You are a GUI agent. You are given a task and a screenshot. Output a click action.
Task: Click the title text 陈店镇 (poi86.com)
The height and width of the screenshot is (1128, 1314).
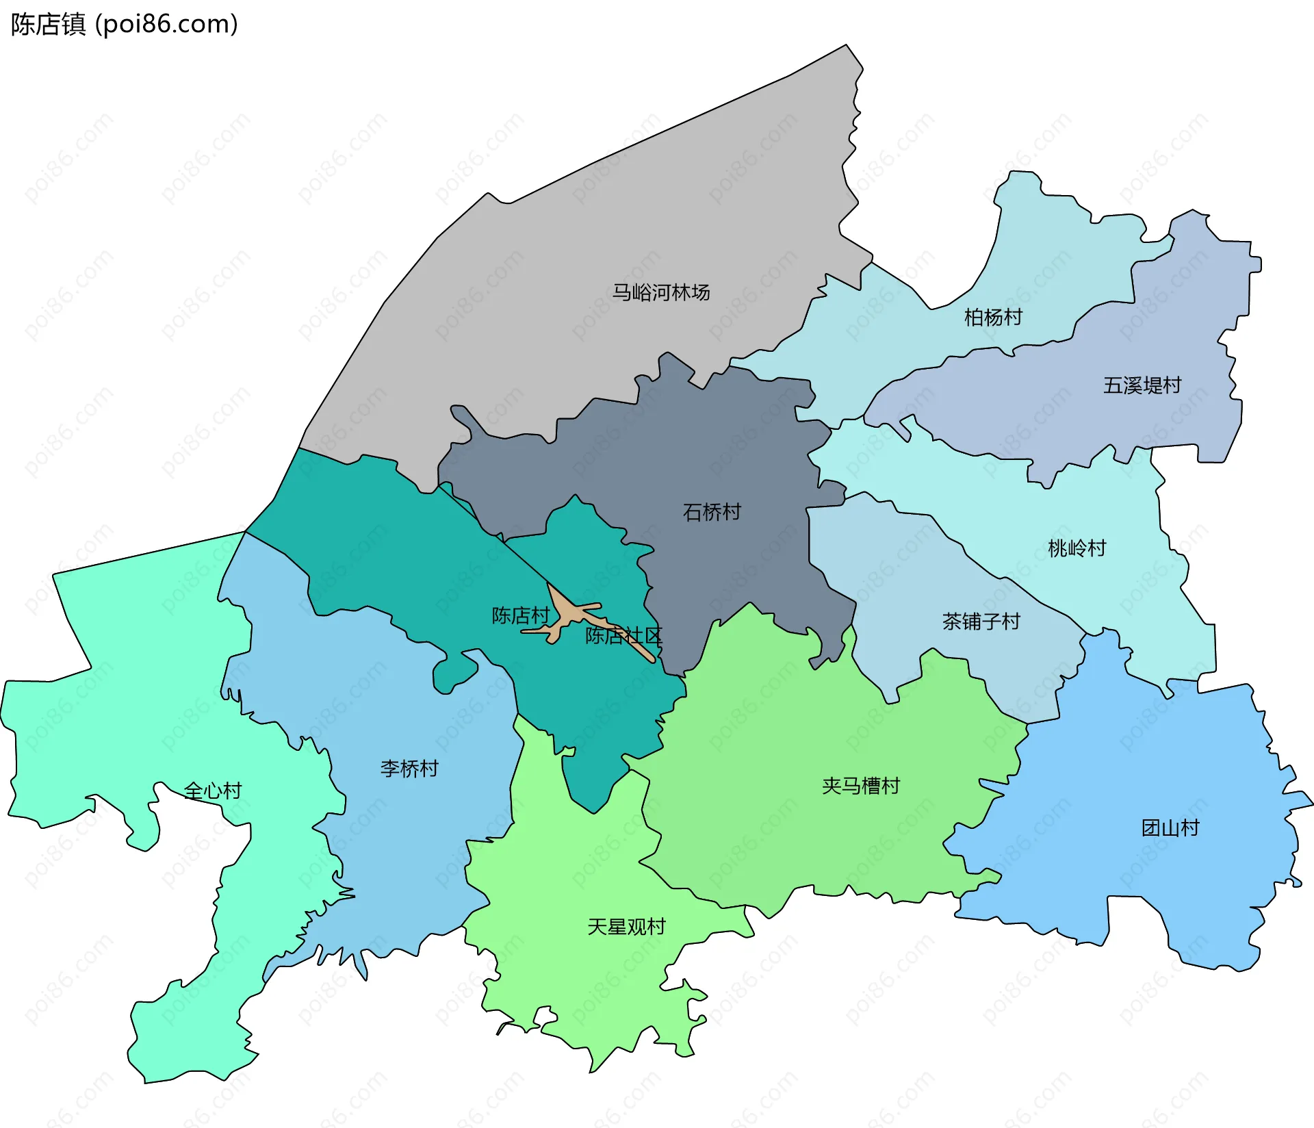124,24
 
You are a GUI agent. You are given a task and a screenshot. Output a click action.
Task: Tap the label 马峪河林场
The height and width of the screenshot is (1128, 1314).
660,293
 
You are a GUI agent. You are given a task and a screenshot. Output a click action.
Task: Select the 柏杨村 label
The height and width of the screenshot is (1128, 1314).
992,318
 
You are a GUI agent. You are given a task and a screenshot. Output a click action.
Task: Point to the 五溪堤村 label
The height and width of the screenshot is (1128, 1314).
1142,385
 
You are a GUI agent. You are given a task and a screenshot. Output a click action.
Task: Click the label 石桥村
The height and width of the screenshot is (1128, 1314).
712,512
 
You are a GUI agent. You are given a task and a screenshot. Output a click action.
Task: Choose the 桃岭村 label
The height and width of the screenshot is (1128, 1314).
1077,548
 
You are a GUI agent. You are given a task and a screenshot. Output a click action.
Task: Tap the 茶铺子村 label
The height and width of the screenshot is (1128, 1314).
981,621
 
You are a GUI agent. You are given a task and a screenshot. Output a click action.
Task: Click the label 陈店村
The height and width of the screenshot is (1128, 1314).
520,615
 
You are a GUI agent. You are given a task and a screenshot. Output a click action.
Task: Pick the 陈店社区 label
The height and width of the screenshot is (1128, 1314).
623,636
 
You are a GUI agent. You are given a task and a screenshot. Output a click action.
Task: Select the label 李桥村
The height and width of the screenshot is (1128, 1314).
409,769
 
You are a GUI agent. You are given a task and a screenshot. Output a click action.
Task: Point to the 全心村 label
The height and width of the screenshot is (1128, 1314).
213,791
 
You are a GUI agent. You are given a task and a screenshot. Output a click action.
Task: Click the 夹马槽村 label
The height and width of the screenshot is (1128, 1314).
860,786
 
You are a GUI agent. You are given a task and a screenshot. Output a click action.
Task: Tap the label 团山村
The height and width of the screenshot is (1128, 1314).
1170,828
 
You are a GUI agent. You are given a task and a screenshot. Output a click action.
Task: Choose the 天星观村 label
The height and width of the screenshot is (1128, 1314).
626,927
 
